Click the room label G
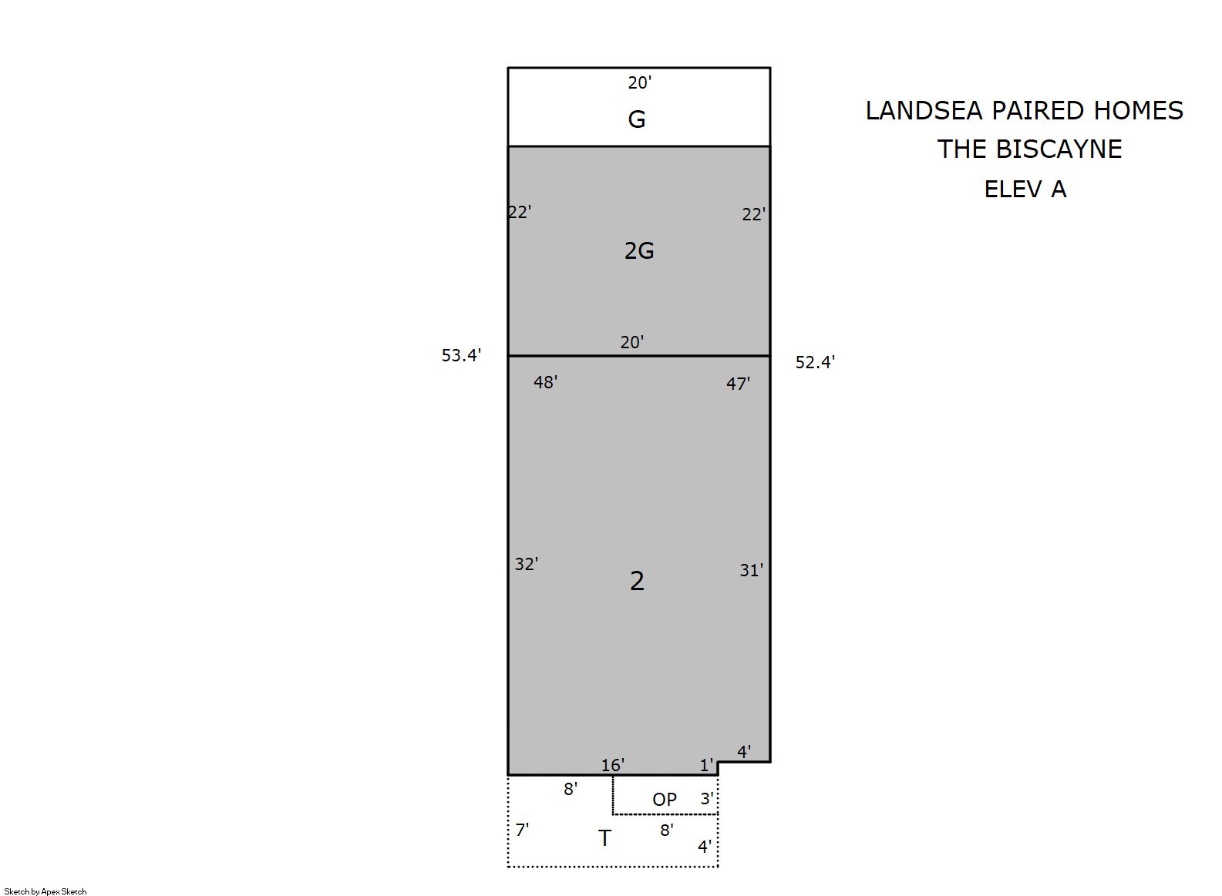(x=637, y=119)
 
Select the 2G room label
(x=639, y=250)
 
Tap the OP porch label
(x=665, y=800)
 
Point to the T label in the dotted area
(x=604, y=838)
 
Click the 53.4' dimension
(x=462, y=355)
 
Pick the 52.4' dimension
(x=815, y=362)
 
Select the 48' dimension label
(x=546, y=382)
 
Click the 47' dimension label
(x=738, y=384)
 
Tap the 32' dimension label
(x=527, y=564)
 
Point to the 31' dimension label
(x=751, y=570)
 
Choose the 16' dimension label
(x=613, y=765)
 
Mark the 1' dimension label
(x=707, y=765)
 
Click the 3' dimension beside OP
(x=707, y=798)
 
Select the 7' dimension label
(x=522, y=830)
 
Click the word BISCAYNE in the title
(x=1059, y=149)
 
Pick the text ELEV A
(x=1025, y=189)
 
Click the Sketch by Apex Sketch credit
(x=45, y=891)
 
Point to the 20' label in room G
(x=640, y=83)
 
